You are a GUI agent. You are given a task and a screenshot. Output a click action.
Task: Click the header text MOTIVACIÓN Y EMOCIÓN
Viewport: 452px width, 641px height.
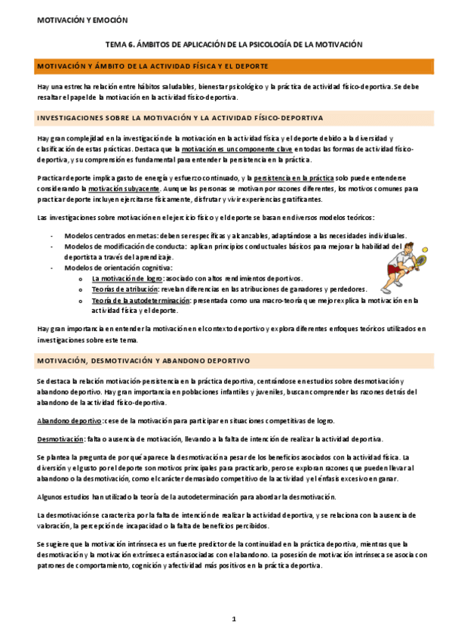coord(83,20)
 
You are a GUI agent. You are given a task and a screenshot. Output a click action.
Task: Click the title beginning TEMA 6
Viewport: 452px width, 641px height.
coord(233,45)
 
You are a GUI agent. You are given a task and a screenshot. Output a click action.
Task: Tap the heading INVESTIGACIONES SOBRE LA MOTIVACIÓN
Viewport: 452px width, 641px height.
coord(180,118)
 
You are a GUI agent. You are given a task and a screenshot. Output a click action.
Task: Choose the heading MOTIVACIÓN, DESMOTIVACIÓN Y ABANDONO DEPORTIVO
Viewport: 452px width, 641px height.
coord(149,361)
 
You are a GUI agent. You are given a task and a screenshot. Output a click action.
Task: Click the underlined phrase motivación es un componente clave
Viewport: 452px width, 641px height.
coord(224,150)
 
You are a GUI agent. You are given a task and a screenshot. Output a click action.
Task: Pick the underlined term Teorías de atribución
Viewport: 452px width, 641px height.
coord(124,289)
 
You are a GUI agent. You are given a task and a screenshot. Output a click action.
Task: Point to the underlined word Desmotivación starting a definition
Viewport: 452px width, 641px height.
coord(60,439)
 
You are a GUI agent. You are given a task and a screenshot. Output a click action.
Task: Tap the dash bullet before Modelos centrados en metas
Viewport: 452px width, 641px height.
coord(51,236)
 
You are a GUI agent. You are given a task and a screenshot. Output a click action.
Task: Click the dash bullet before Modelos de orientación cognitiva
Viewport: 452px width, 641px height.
coord(51,268)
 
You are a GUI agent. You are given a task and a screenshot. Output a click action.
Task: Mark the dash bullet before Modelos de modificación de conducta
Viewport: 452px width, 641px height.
coord(51,246)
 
